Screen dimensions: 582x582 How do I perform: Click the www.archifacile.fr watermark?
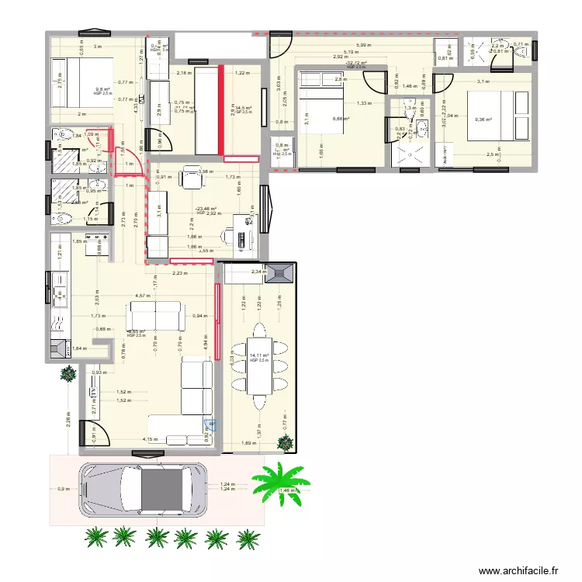pos(518,570)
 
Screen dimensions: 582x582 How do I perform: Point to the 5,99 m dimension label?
pos(363,46)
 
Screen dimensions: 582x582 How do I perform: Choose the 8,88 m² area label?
pos(340,119)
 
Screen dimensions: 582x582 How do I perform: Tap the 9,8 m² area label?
pos(102,88)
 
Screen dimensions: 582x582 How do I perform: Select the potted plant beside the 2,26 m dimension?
pos(68,373)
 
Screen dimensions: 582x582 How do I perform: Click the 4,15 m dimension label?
pos(150,439)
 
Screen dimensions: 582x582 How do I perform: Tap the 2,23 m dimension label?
pos(179,272)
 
